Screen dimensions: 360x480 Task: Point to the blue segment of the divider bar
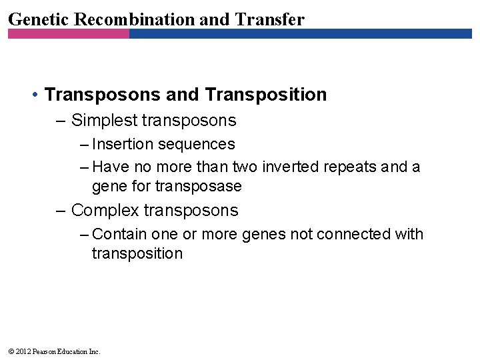point(300,33)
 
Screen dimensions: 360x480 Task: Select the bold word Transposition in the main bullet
point(266,95)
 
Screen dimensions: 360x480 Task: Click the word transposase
point(198,187)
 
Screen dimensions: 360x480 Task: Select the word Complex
point(105,211)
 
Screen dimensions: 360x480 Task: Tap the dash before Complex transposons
point(61,211)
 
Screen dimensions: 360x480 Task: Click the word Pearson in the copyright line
point(43,351)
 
